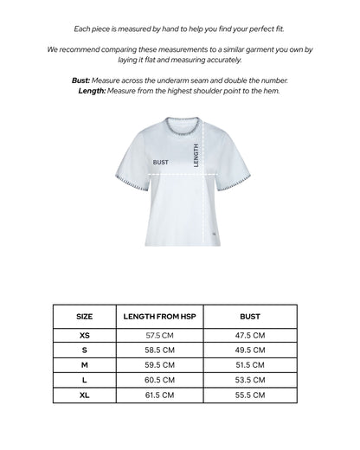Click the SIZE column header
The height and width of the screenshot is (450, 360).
[x=85, y=317]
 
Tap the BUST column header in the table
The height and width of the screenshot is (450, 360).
[x=251, y=317]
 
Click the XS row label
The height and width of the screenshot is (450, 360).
[x=85, y=334]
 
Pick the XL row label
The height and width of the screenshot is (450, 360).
[x=85, y=394]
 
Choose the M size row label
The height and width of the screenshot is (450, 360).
[x=85, y=364]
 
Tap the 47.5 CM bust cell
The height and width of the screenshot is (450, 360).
[x=251, y=334]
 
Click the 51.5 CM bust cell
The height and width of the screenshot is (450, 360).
[x=251, y=364]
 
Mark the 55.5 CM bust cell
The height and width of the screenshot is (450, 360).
[x=251, y=394]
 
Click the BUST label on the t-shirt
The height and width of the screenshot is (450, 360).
[x=161, y=161]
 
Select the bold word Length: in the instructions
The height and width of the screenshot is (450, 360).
[x=91, y=90]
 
